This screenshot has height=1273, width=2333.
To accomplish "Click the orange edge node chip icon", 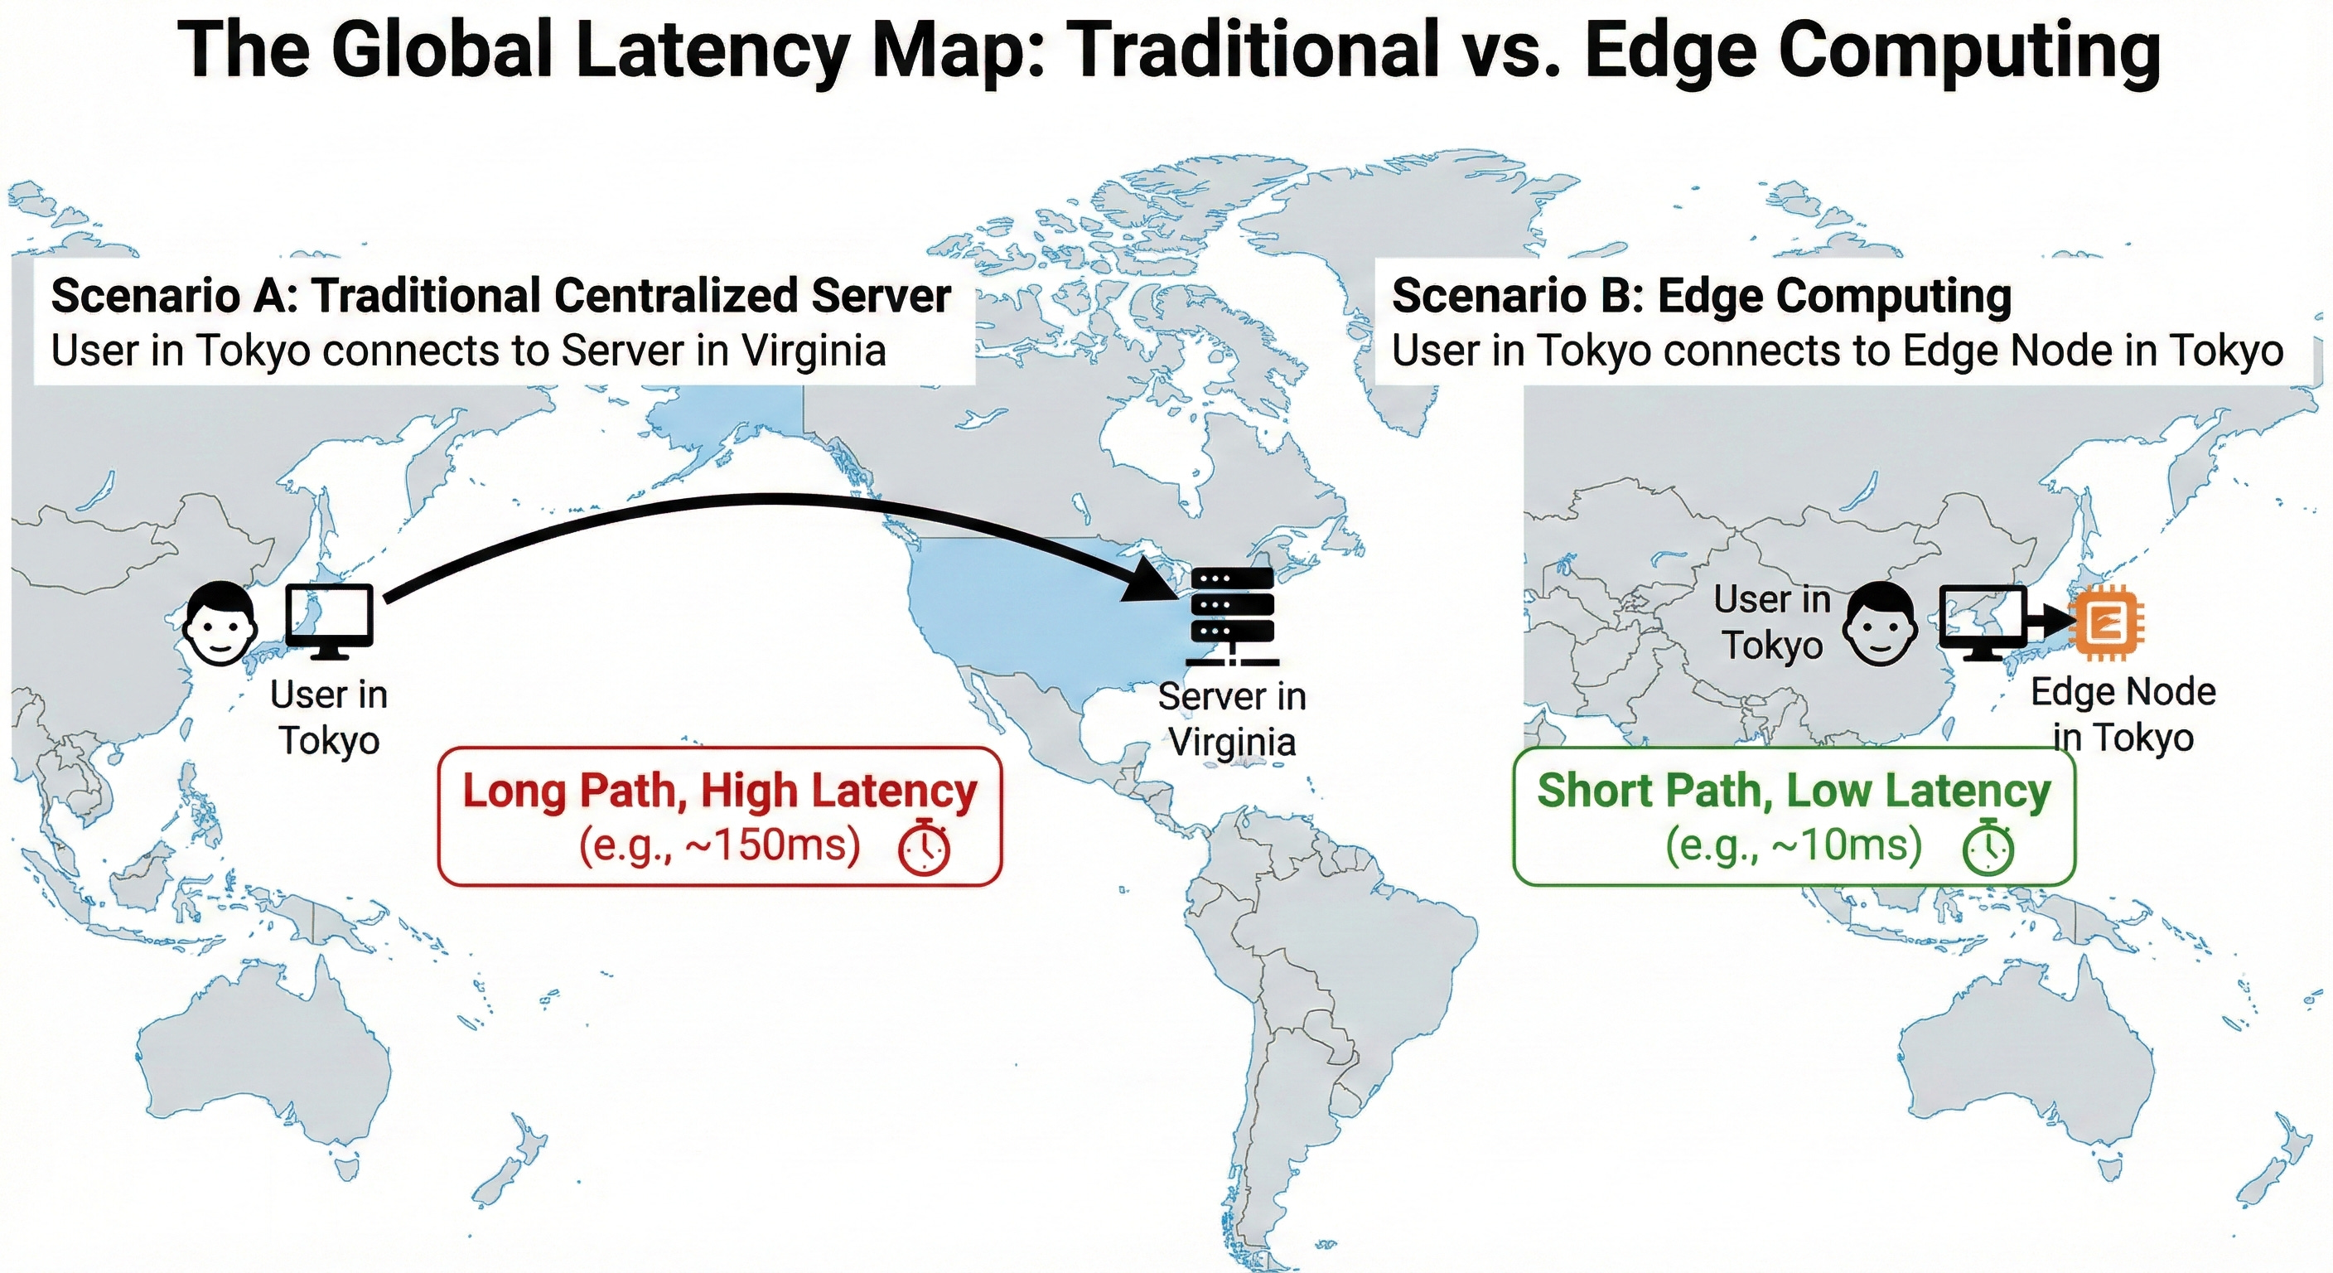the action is pos(2106,622).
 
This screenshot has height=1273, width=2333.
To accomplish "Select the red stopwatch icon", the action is pos(924,846).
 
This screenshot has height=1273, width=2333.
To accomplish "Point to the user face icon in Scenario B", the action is pos(1881,622).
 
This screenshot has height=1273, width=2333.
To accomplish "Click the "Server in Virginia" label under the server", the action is pos(1232,719).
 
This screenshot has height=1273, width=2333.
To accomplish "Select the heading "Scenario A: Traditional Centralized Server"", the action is pos(501,296).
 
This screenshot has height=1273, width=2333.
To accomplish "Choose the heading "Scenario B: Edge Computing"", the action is pos(1701,296).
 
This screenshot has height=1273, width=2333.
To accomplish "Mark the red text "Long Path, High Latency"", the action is pos(720,790).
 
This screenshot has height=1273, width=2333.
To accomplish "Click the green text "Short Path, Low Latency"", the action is pos(1793,790).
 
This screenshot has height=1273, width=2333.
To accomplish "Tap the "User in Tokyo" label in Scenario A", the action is pos(329,718).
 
